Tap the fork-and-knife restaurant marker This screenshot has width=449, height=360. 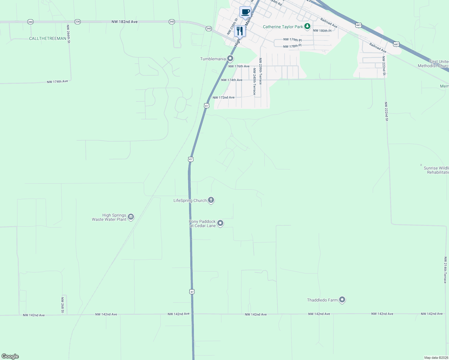240,31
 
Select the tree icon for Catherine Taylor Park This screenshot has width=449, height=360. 307,27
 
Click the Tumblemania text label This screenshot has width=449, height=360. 213,59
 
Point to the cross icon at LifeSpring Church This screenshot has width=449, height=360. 211,200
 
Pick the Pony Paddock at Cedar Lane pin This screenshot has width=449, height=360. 220,223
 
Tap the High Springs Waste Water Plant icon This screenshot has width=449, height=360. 131,217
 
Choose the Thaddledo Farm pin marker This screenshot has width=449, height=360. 342,300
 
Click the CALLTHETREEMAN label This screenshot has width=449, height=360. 47,38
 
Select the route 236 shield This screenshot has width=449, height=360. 77,22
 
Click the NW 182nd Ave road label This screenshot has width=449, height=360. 125,22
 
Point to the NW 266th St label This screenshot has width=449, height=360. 68,34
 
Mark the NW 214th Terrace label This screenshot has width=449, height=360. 445,270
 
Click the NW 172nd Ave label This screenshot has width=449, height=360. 224,97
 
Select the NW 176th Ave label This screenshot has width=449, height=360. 239,66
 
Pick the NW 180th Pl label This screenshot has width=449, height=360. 322,31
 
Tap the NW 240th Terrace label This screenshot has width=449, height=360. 254,82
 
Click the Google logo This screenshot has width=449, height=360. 10,356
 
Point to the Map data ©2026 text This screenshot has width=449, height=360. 436,358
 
